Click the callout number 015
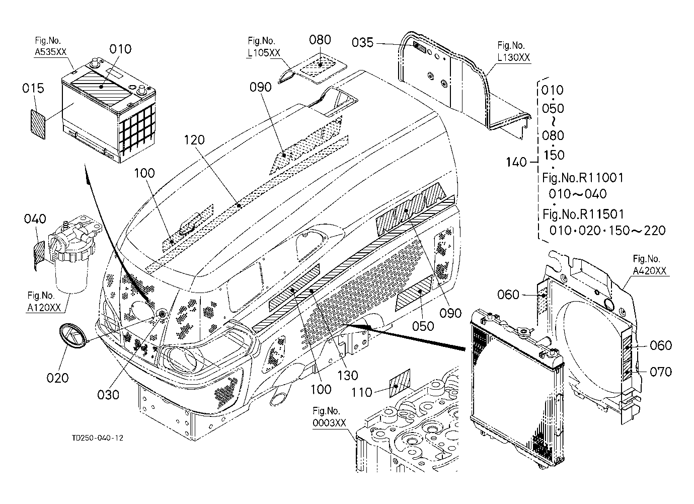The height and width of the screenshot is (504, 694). pos(33,89)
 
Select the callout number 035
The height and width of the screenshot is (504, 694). pos(362,43)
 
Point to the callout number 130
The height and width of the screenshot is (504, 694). pos(348,375)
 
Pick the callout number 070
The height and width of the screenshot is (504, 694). pos(661,372)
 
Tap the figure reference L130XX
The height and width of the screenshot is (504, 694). pos(513,57)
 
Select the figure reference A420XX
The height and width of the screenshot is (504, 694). pos(649,271)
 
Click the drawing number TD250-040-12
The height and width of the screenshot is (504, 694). pos(97,438)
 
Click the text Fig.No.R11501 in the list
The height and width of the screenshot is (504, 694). pos(583,214)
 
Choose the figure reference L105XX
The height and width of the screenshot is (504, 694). pos(263,53)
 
